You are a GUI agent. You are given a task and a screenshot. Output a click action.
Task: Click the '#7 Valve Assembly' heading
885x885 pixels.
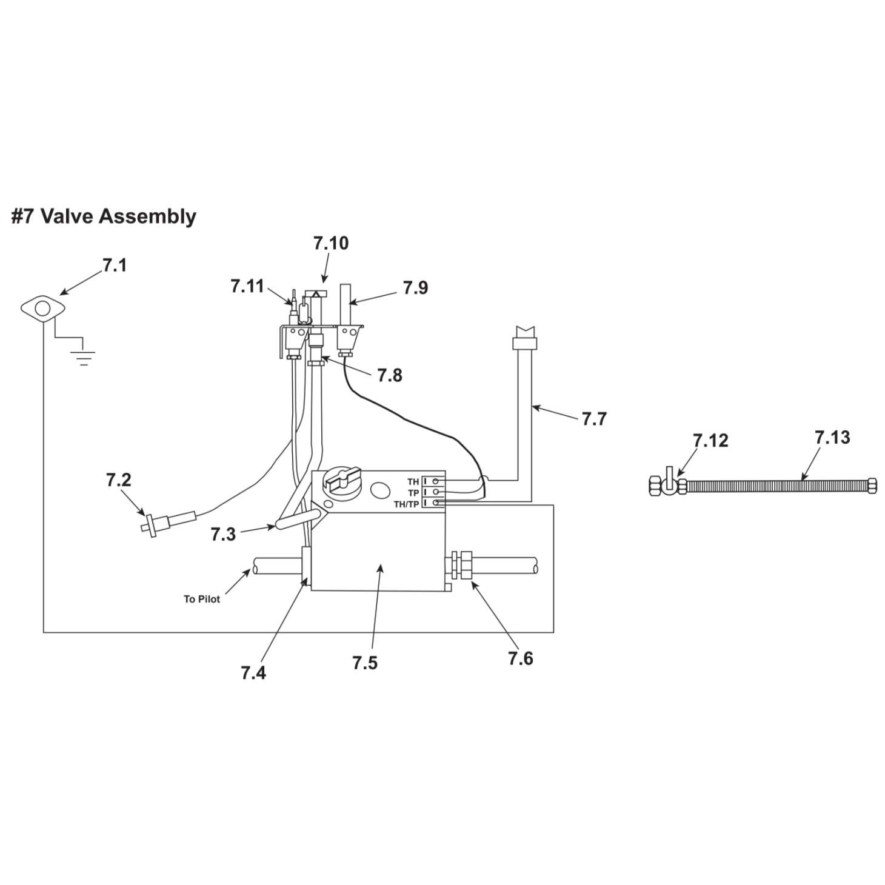point(104,216)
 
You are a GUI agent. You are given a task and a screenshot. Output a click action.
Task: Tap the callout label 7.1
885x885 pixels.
point(115,265)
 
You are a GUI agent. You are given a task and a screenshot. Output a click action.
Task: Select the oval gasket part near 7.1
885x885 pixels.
point(42,309)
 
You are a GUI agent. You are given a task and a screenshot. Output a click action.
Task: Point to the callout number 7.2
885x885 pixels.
point(118,480)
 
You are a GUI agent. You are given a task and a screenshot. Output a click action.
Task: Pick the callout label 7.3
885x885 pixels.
point(223,534)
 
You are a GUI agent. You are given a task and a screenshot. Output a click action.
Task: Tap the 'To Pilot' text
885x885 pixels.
point(202,599)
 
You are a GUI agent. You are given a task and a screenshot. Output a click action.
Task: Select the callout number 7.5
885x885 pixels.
point(365,663)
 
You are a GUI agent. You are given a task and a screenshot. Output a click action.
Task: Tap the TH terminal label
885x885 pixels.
point(413,482)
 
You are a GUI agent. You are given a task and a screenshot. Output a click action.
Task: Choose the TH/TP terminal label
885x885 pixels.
point(406,504)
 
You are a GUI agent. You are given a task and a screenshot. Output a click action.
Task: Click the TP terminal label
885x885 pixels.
point(413,493)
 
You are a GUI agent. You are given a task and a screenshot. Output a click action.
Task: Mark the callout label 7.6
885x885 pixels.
point(520,658)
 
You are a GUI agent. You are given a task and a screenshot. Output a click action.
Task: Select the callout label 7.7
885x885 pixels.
point(593,419)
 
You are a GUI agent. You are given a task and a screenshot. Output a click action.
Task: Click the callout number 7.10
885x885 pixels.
point(331,243)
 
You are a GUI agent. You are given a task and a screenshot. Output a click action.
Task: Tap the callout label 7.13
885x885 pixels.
point(832,437)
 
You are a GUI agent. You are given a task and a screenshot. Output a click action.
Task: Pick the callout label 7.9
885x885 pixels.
point(415,287)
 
